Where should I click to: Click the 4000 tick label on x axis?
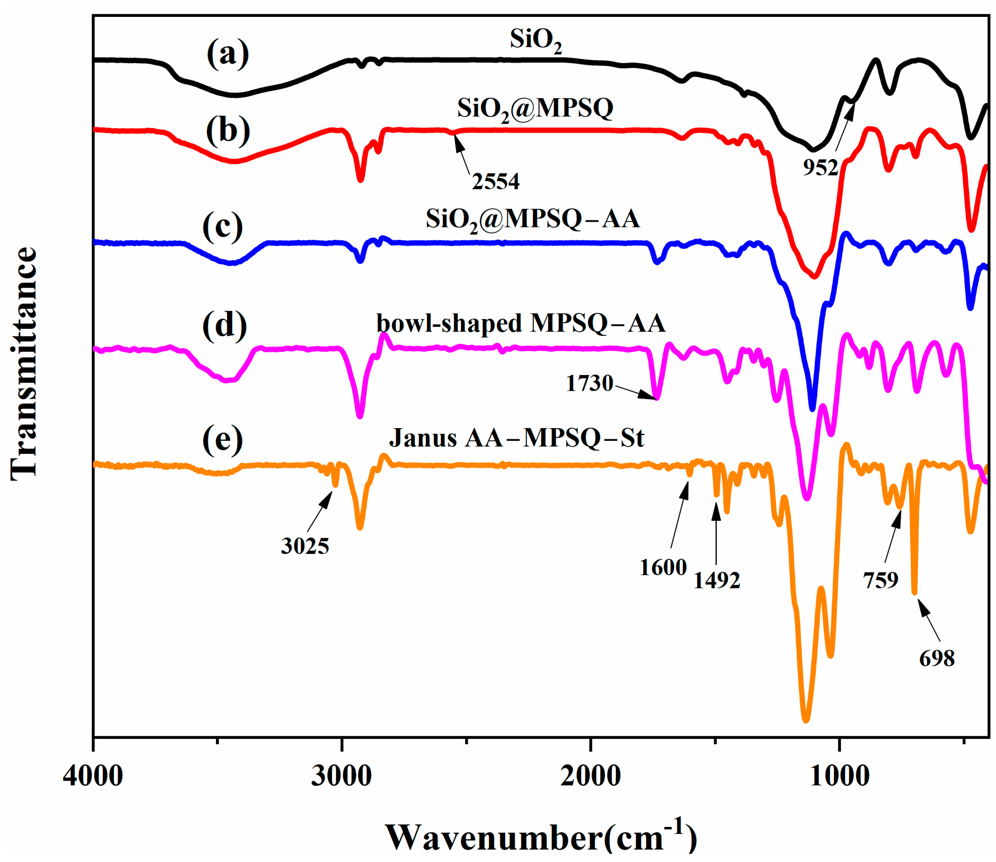93,776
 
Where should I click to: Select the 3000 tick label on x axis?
342,776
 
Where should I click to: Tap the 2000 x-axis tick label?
590,776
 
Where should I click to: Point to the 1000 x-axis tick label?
839,776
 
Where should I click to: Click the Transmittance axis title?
23,364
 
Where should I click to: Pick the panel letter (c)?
222,226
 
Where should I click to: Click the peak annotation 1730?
589,384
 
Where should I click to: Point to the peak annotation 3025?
305,546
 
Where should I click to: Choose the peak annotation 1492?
716,581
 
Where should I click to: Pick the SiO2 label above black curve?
535,41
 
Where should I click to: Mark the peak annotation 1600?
663,567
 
